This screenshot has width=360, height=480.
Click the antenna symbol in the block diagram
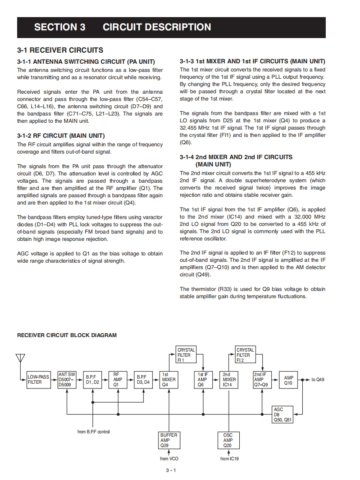[x=21, y=359]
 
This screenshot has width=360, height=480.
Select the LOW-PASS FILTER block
[x=39, y=379]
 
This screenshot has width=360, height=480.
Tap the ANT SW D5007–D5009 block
[x=67, y=379]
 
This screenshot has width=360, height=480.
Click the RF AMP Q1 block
[x=116, y=379]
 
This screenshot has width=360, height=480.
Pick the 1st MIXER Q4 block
[x=168, y=379]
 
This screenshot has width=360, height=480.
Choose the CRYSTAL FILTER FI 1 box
[x=186, y=355]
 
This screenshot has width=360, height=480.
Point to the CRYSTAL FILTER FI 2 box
[x=245, y=355]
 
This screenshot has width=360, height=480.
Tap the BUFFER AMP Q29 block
[x=169, y=440]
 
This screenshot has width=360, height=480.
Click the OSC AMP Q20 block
[x=228, y=440]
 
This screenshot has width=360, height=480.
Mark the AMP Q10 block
[x=289, y=379]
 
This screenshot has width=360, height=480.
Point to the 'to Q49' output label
[x=318, y=379]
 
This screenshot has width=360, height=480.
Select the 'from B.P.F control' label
[x=93, y=432]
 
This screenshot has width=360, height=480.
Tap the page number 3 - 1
[x=171, y=471]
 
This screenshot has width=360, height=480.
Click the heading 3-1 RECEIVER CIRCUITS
[x=60, y=50]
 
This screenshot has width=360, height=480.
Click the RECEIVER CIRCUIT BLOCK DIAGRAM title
[x=67, y=335]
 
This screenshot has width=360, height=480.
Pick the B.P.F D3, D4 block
[x=143, y=379]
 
